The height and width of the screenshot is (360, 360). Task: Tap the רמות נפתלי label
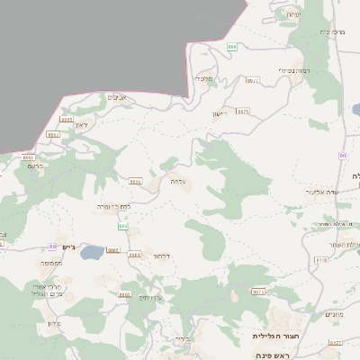294,70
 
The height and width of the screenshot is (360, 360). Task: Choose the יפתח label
292,15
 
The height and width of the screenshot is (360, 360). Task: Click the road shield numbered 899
232,47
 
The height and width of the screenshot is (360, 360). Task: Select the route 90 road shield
342,157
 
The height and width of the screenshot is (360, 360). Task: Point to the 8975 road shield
243,112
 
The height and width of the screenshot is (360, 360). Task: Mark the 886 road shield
122,226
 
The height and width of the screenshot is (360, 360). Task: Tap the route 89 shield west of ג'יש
54,246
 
